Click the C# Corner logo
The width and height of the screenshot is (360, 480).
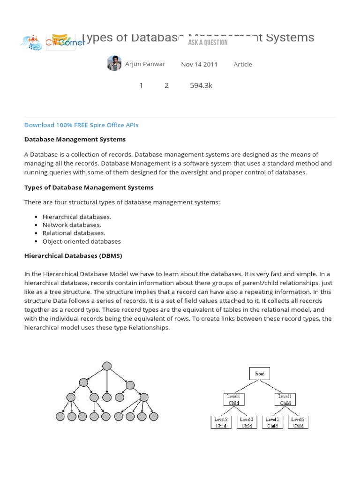(52, 42)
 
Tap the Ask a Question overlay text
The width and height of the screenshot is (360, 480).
(208, 43)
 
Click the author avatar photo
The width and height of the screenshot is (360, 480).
(114, 63)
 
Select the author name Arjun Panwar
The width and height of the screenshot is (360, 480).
(145, 64)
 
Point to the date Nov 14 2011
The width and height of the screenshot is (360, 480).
(199, 64)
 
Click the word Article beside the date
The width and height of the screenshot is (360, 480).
(243, 64)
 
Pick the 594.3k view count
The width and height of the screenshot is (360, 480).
(201, 85)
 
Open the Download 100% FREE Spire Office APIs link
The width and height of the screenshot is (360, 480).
(81, 125)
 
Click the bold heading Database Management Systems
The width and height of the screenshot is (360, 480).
(75, 139)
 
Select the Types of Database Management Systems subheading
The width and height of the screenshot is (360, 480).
(89, 187)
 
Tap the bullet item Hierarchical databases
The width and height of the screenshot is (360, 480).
(77, 217)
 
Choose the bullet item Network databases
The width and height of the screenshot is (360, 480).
(72, 225)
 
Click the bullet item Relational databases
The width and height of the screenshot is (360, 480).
(74, 233)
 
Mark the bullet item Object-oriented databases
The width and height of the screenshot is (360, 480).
(82, 241)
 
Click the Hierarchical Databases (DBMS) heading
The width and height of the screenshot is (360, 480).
(73, 256)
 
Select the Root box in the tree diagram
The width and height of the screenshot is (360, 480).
(260, 374)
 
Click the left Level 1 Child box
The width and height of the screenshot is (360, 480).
(234, 399)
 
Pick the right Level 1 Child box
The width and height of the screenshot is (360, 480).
(285, 399)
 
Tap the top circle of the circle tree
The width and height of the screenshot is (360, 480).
(107, 366)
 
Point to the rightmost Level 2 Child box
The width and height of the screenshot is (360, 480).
(298, 422)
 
